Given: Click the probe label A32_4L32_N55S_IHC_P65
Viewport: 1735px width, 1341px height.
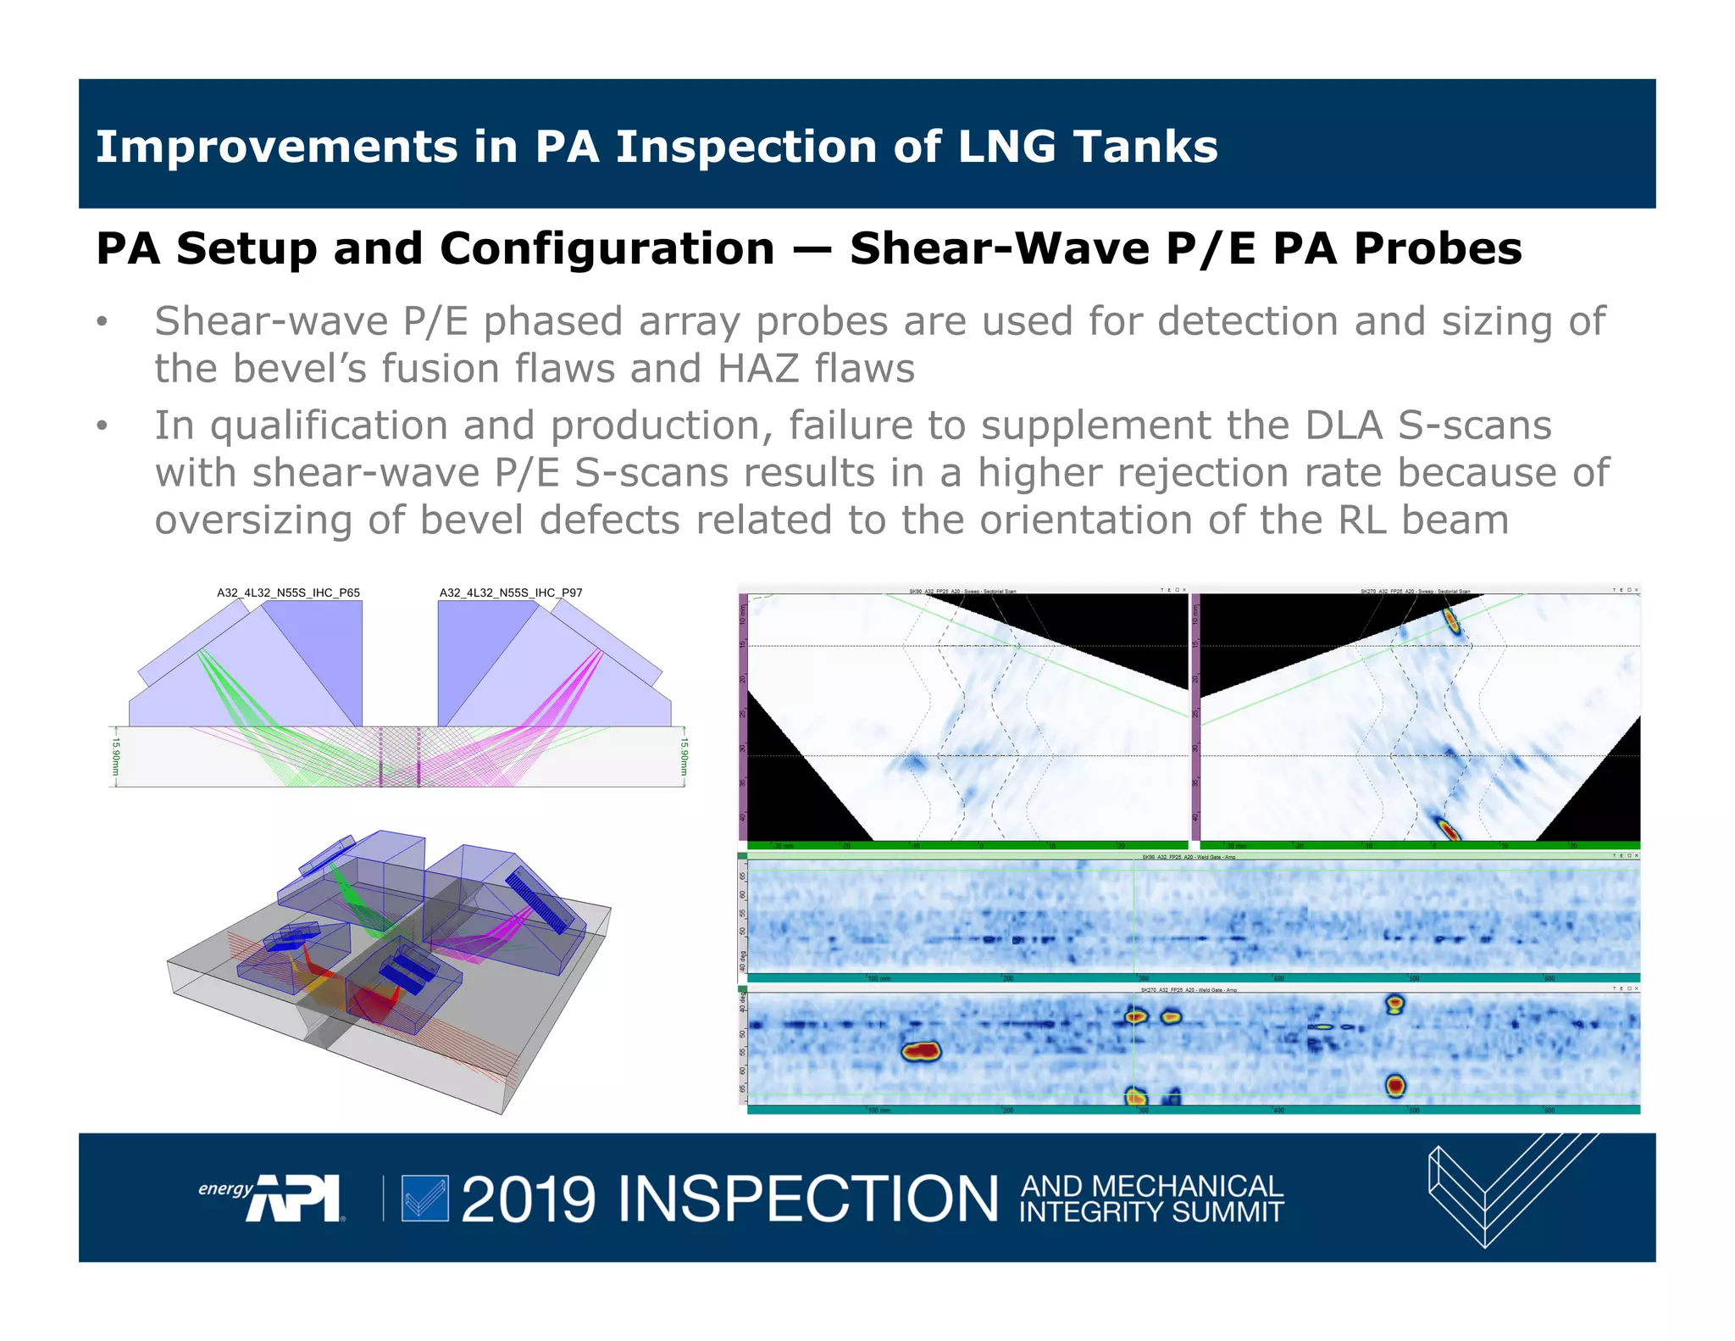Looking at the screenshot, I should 288,593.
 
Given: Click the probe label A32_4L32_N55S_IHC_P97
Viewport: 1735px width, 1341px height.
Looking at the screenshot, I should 511,593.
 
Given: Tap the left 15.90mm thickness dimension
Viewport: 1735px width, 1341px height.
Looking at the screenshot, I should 117,756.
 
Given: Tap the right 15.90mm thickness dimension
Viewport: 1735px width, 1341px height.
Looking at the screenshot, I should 685,756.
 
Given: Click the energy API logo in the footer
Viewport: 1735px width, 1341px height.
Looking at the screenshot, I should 271,1197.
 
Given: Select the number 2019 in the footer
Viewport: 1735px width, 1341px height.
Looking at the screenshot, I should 529,1199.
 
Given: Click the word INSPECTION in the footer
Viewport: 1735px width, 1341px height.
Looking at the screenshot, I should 808,1199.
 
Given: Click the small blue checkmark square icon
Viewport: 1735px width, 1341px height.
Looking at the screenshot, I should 424,1199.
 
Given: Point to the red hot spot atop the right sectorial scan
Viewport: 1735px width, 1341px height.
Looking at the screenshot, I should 1452,620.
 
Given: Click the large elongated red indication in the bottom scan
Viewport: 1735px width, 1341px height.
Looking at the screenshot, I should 921,1052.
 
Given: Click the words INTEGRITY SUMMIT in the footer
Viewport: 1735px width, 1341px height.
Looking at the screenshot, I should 1151,1212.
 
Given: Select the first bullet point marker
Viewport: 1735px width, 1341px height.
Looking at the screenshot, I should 103,322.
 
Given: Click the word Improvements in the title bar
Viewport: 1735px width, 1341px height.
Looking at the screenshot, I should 276,147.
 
